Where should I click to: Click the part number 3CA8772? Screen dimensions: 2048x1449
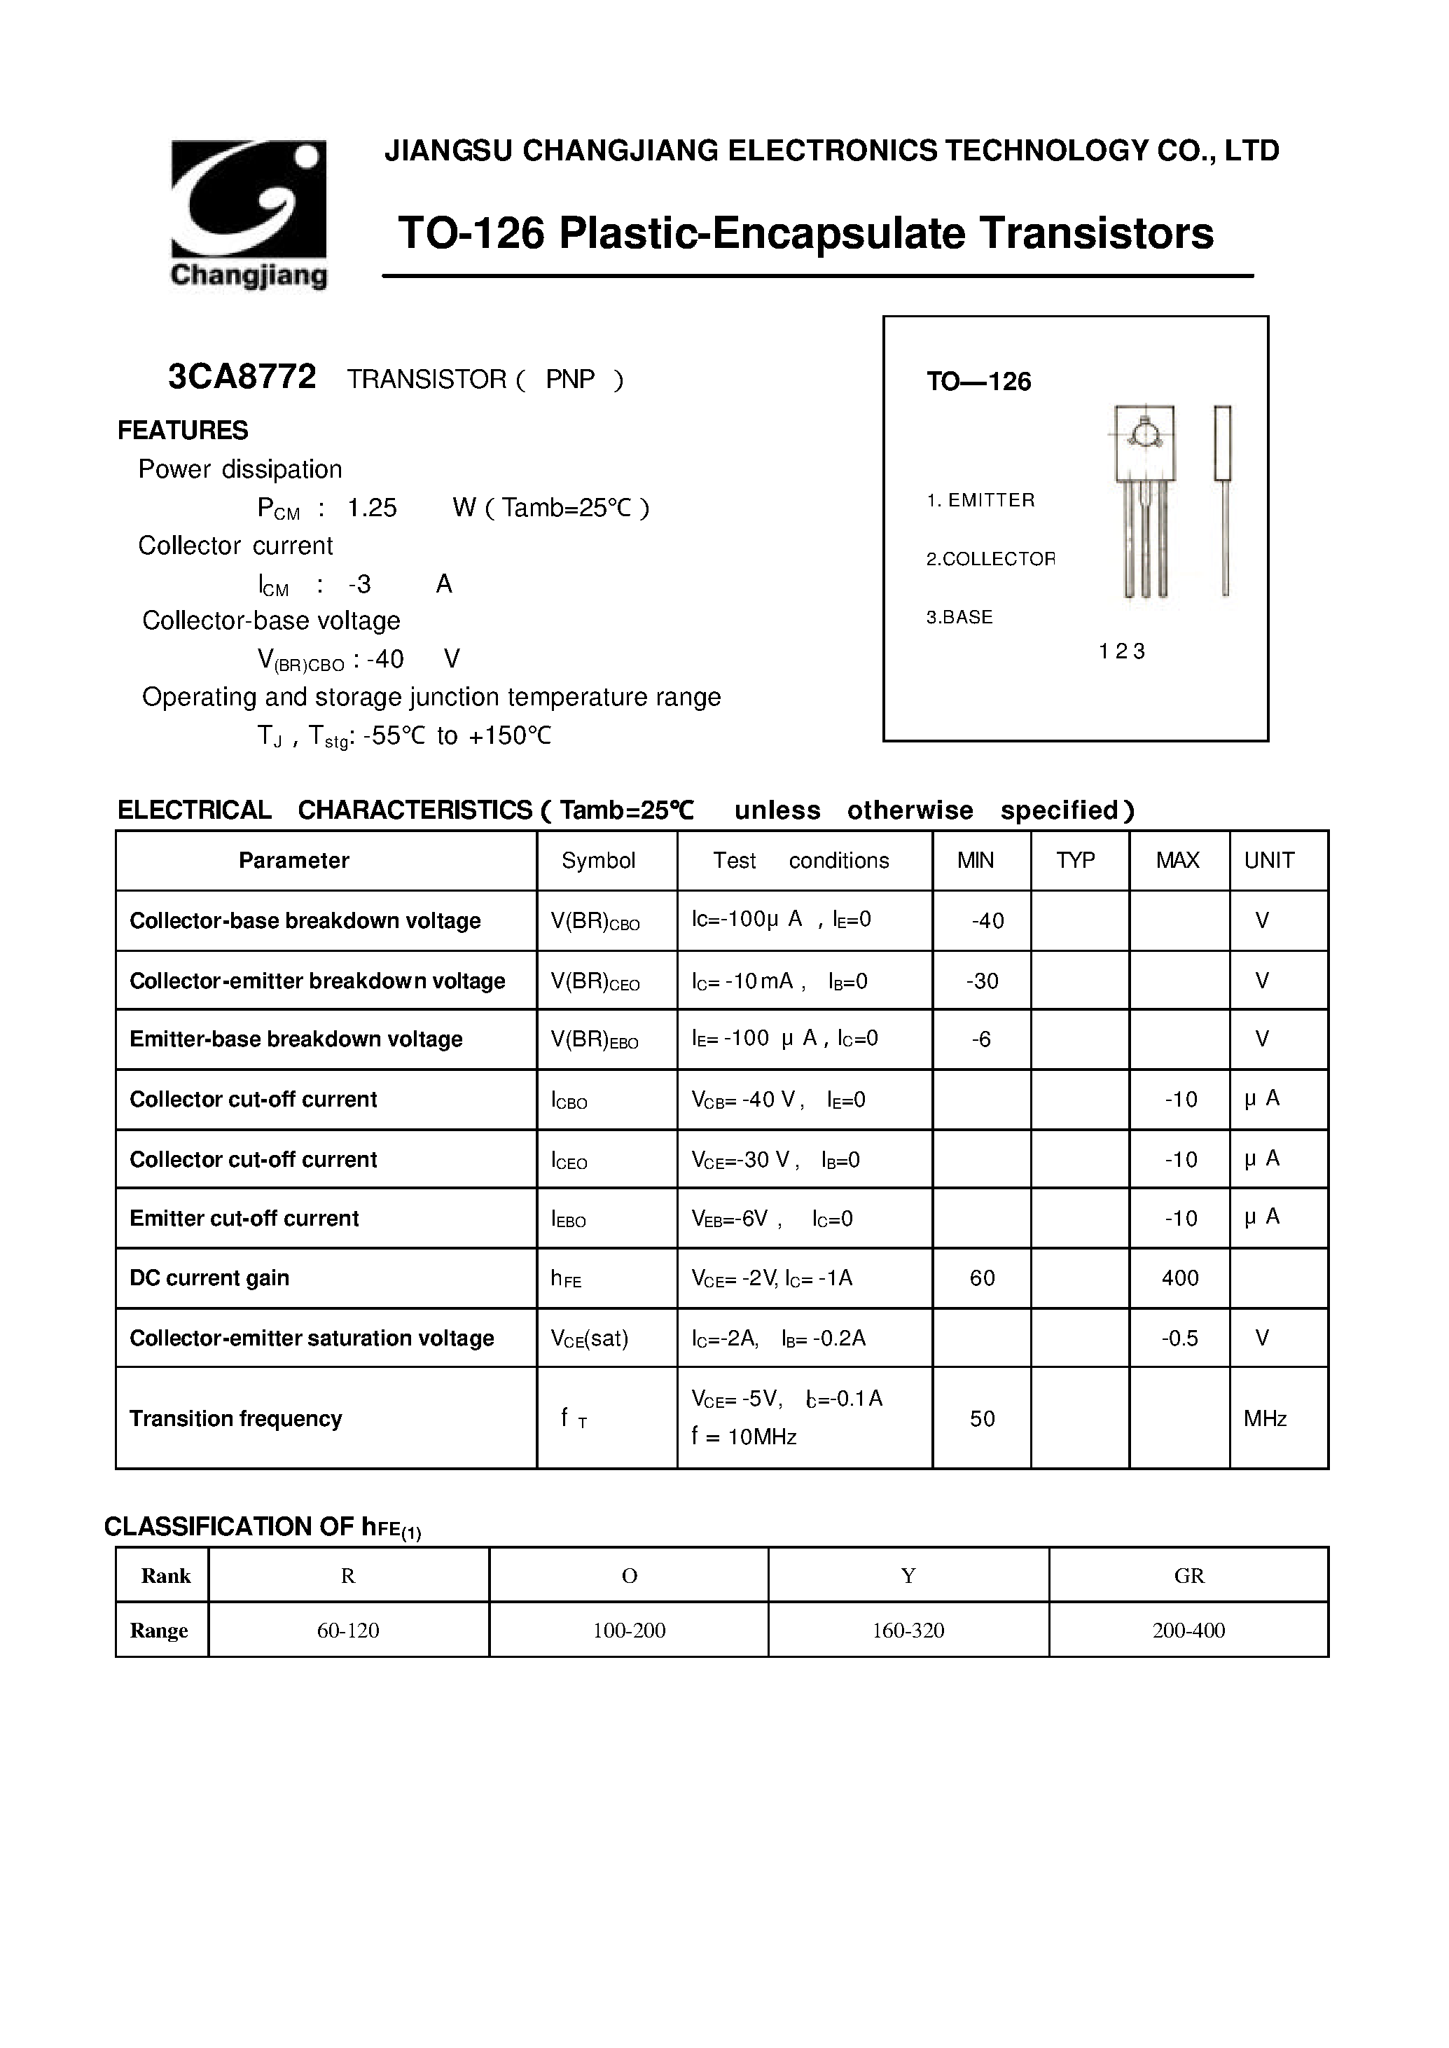click(242, 378)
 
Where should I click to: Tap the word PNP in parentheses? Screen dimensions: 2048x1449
click(570, 379)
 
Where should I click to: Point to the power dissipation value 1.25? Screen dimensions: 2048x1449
click(371, 508)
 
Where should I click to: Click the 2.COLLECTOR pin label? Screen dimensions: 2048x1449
click(990, 559)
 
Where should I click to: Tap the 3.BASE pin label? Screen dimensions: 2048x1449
click(959, 618)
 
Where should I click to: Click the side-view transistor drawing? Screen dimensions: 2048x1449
click(1222, 499)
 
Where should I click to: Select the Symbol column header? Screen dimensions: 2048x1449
click(598, 860)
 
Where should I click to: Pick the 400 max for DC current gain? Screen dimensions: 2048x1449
click(1179, 1278)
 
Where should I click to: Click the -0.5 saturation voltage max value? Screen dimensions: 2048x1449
click(1179, 1338)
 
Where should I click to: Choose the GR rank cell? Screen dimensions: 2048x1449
click(1188, 1576)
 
